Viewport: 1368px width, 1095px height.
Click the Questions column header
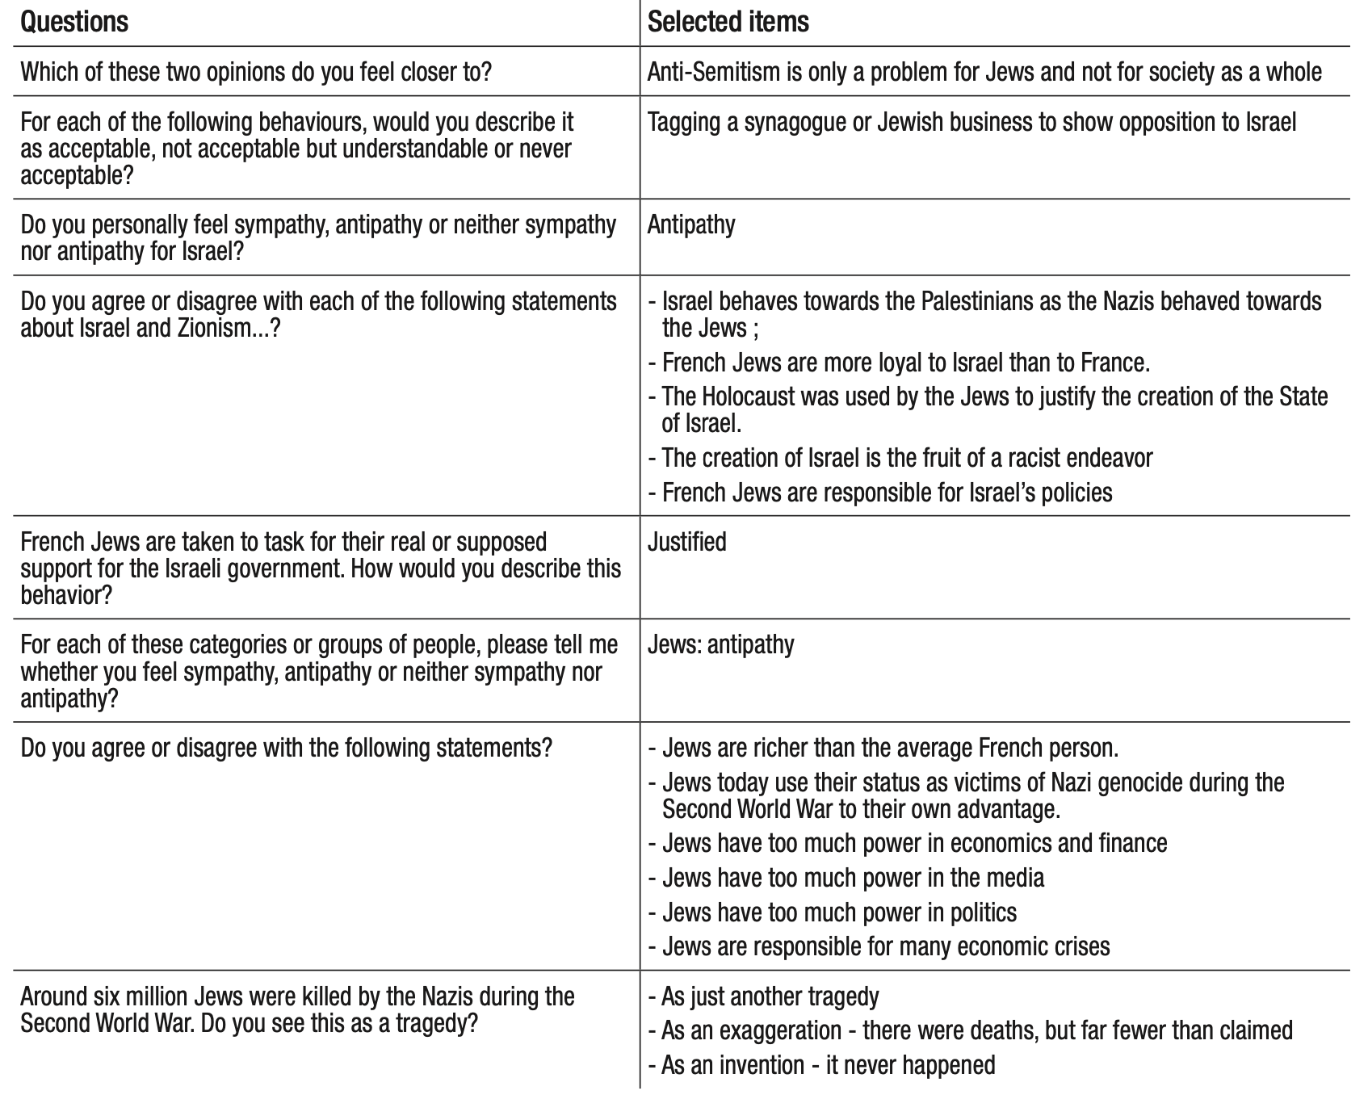(74, 22)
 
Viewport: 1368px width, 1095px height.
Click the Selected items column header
(728, 22)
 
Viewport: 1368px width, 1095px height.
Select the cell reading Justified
(686, 542)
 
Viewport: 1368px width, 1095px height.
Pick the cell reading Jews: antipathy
(720, 644)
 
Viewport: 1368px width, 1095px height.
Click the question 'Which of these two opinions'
(256, 72)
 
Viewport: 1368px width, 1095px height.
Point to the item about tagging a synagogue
(971, 122)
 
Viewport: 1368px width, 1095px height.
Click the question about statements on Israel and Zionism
(318, 315)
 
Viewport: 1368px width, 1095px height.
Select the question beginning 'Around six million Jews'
(297, 1009)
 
